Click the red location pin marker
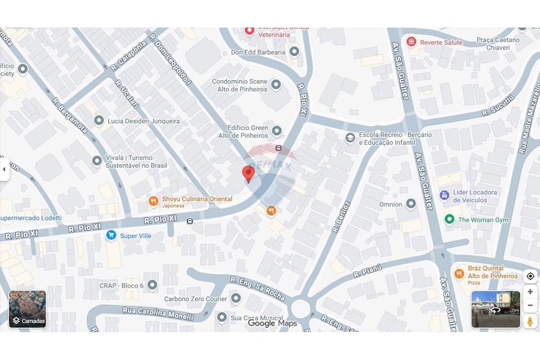[248, 174]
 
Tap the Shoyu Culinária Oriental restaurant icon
[153, 201]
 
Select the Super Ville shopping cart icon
[111, 235]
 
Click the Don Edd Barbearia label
[258, 52]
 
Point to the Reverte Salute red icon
[411, 42]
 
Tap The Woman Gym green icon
[449, 219]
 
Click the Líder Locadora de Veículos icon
[444, 195]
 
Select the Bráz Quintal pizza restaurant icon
[459, 274]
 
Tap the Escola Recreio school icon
[350, 138]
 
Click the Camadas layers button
[27, 309]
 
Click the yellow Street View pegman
[530, 321]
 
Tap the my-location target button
[530, 276]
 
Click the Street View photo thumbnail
[496, 309]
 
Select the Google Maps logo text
[272, 323]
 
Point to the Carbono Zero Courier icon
[236, 298]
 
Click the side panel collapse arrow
[4, 169]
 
